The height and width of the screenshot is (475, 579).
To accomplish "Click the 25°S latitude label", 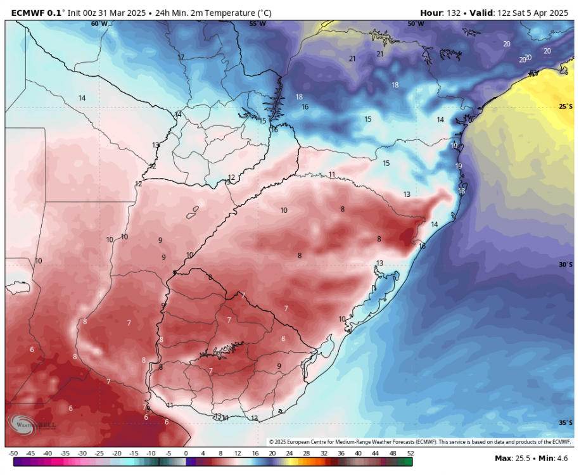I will click(565, 106).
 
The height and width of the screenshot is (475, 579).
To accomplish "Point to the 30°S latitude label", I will click(565, 265).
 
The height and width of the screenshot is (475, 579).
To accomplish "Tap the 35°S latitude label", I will click(565, 422).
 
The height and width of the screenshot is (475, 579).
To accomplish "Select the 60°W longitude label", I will click(99, 23).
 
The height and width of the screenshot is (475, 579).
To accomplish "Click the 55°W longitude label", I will click(257, 23).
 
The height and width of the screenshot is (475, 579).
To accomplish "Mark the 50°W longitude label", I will click(416, 23).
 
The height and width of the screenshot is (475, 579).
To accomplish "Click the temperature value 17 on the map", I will click(181, 58).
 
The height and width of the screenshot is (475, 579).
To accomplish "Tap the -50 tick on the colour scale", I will click(13, 453).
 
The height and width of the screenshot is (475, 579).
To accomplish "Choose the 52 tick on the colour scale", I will click(410, 453).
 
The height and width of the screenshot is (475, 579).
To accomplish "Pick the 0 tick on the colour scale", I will click(186, 453).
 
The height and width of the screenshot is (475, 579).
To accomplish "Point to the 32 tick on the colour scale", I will click(324, 453).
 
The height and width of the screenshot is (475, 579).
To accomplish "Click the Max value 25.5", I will click(525, 457).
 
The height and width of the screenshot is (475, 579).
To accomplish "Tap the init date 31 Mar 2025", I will click(111, 12).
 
